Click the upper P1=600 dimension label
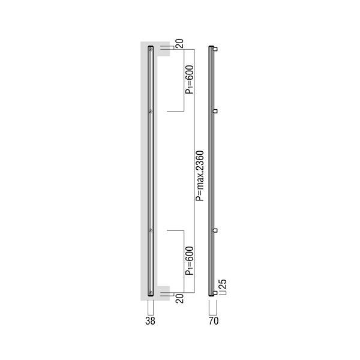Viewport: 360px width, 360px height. pos(190,80)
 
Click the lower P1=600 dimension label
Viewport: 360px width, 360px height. pos(190,260)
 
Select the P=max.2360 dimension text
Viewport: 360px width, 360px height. pos(200,176)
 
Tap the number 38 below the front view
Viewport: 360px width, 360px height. pos(150,321)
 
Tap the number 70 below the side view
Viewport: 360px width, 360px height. pos(214,321)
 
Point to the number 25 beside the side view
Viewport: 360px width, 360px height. pos(223,284)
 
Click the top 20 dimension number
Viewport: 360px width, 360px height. pos(179,44)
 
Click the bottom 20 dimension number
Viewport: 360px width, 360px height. pos(179,298)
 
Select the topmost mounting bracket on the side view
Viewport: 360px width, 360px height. pos(215,49)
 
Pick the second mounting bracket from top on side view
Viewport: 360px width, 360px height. pos(215,111)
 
